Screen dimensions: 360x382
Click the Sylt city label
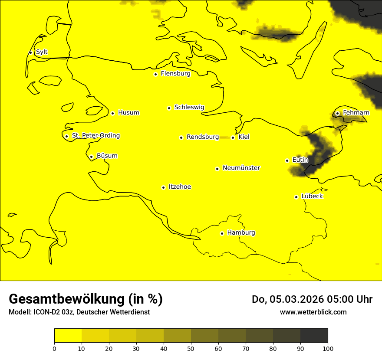(42, 52)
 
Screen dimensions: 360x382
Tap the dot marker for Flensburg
(155, 74)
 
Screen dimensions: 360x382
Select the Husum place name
(128, 113)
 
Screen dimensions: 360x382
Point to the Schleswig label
(189, 107)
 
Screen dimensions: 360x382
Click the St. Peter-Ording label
(95, 136)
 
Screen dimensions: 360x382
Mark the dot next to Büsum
(91, 157)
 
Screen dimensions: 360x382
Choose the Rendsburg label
(203, 137)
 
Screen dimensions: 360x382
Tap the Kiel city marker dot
(233, 137)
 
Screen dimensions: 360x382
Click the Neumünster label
(241, 168)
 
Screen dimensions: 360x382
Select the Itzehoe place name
(180, 187)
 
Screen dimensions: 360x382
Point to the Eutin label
(300, 160)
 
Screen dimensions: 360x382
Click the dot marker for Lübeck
(296, 197)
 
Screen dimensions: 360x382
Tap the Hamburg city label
(241, 233)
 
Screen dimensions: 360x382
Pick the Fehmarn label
(356, 113)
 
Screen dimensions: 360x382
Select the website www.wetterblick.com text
(313, 312)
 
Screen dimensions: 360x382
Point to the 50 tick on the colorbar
(191, 348)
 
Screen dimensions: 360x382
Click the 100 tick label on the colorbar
(328, 348)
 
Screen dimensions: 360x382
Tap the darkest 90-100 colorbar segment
(314, 335)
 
